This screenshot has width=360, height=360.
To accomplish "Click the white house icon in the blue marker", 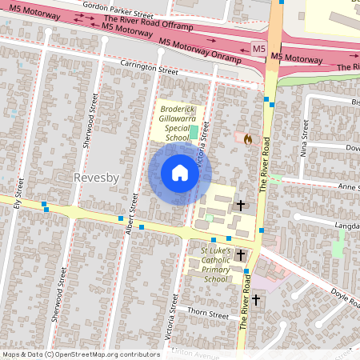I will (180, 173).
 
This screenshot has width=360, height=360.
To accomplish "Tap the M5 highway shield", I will (258, 50).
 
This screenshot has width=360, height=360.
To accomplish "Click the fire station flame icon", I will (248, 139).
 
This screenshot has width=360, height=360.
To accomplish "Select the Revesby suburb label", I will (97, 177).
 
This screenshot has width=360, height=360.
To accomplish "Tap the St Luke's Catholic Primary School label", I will (215, 265).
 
